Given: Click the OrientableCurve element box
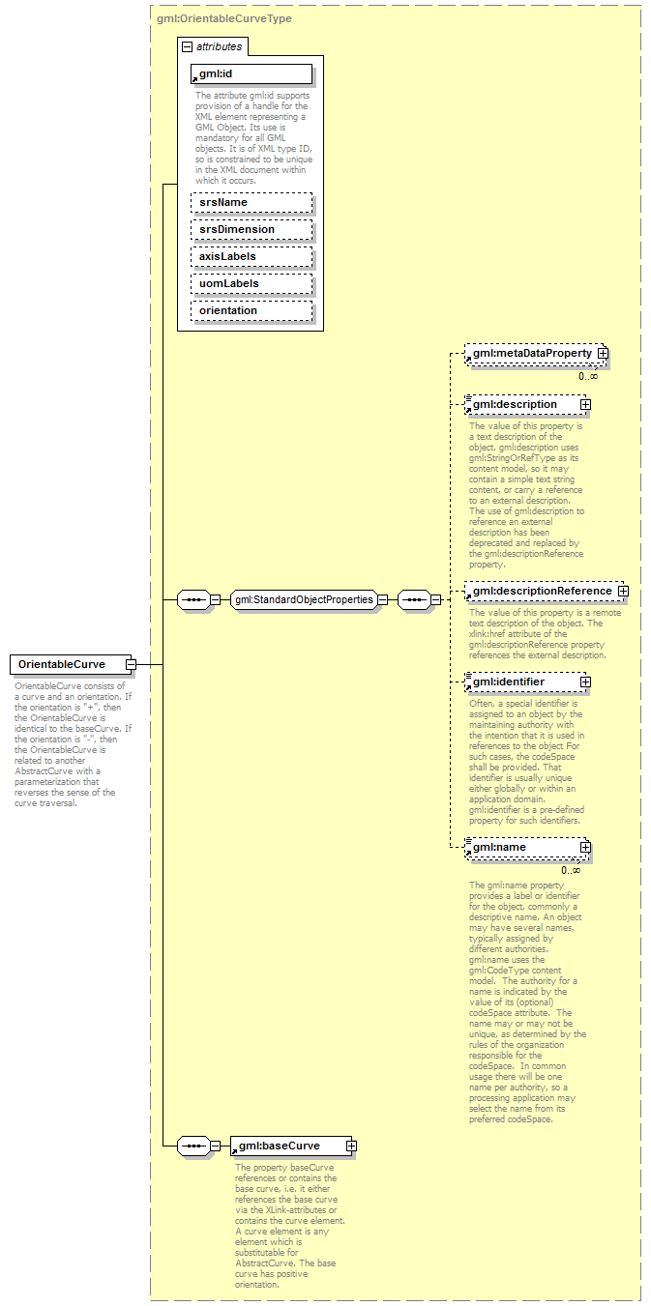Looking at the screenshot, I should (x=67, y=664).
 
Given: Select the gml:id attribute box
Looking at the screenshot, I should (x=252, y=74).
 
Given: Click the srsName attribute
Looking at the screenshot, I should (x=252, y=202).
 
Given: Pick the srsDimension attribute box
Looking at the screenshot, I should (x=252, y=229).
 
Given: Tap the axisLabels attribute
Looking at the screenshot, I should (x=252, y=256).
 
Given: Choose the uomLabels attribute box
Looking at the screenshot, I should (x=252, y=283).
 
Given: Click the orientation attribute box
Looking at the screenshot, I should (x=252, y=310).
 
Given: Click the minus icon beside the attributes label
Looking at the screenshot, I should (x=187, y=46).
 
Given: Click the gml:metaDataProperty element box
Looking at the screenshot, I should (x=531, y=355).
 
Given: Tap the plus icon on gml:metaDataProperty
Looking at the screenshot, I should (x=603, y=355).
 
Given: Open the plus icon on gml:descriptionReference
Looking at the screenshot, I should (x=623, y=591).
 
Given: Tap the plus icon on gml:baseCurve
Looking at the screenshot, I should (x=351, y=1146).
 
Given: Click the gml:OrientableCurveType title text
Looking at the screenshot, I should (x=224, y=18).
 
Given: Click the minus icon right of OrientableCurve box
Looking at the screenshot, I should (x=130, y=664).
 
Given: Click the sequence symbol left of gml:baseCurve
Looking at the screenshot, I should (x=194, y=1146).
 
